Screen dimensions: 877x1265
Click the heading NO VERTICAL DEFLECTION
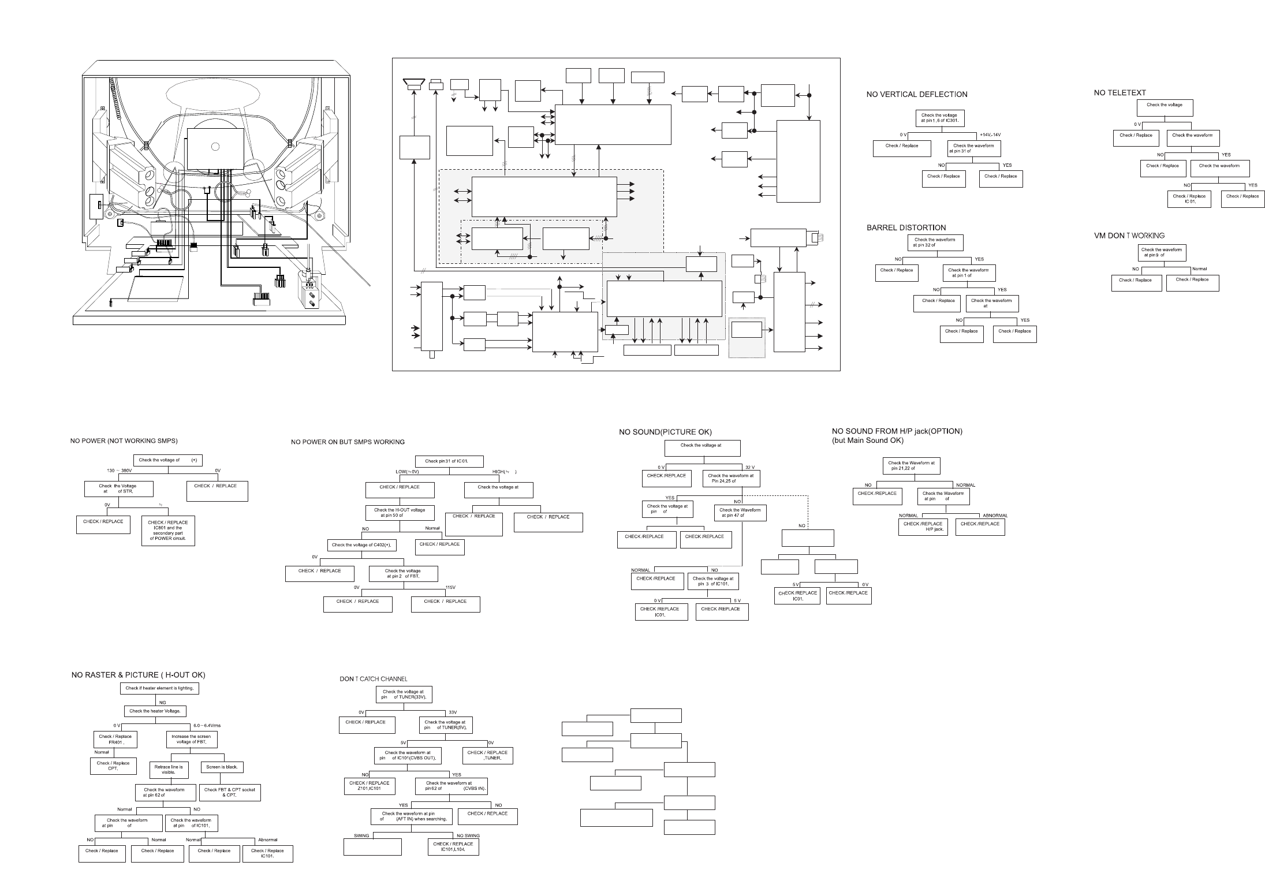click(916, 94)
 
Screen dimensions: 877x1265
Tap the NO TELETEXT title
click(1120, 92)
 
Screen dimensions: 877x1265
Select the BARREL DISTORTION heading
click(906, 227)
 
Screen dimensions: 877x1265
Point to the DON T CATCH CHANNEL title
click(373, 679)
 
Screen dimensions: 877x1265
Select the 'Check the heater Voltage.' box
click(155, 711)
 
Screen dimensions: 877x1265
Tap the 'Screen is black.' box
click(222, 767)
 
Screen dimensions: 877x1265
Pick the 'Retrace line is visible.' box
click(168, 770)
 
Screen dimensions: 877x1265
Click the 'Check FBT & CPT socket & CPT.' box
click(229, 792)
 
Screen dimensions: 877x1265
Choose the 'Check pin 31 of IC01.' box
click(449, 461)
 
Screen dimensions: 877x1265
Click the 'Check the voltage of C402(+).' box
click(361, 545)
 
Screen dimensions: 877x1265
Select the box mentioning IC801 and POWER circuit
click(168, 530)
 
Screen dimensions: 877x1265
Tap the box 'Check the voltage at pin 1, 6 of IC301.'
click(941, 118)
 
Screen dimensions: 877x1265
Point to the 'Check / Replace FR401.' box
click(115, 739)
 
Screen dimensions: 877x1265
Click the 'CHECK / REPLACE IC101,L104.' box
click(453, 846)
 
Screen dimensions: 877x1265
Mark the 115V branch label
click(451, 588)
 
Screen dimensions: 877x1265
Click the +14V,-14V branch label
click(990, 135)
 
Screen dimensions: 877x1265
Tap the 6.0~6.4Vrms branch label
click(207, 726)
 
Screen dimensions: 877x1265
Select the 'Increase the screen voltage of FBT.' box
click(191, 739)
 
